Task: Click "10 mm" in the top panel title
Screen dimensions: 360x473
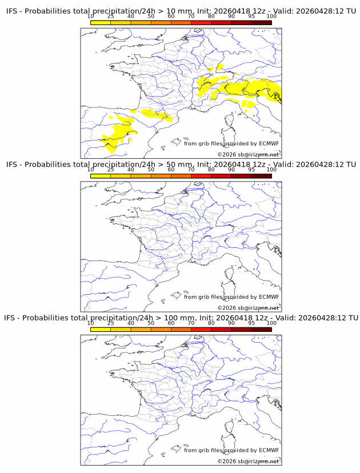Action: tap(179, 11)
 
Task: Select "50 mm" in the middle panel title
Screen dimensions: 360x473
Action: tap(179, 165)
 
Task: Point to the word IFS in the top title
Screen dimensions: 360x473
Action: tap(12, 11)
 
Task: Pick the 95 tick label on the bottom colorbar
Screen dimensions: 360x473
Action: tap(251, 323)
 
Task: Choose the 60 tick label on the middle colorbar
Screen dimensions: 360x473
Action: tap(171, 170)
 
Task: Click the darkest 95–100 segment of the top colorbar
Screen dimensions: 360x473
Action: tap(262, 22)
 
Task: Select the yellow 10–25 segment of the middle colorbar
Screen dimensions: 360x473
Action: tap(101, 176)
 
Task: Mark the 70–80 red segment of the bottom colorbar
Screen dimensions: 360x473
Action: tap(201, 330)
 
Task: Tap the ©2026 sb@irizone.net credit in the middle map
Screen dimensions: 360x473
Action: tap(248, 308)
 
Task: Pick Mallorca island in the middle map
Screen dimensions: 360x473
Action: tap(175, 295)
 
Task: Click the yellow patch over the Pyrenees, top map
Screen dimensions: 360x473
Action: tap(155, 115)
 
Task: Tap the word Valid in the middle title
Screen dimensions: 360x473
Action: tap(283, 165)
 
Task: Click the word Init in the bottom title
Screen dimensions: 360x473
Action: tap(206, 318)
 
